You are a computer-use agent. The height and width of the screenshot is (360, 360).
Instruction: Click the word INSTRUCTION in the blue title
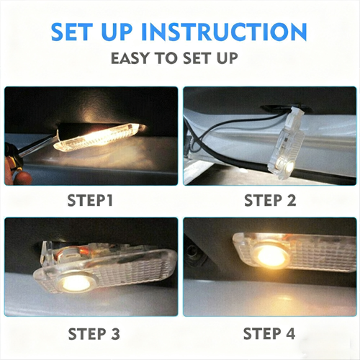click(224, 32)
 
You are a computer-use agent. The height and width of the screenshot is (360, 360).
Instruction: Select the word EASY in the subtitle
click(130, 58)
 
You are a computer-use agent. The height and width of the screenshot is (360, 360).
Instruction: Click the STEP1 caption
click(90, 200)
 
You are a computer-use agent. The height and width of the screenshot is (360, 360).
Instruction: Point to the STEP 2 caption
click(270, 200)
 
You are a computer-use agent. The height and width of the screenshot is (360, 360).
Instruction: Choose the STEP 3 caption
click(94, 333)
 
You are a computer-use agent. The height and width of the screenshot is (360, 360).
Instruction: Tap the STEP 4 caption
click(269, 333)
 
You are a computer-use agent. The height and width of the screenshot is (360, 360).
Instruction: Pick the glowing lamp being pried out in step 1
click(99, 138)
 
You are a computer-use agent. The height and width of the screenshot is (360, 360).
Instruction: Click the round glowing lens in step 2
click(291, 166)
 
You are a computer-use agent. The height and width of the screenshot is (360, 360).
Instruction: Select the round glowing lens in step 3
click(77, 283)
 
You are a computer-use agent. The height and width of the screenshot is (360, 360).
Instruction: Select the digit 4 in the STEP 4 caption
click(289, 333)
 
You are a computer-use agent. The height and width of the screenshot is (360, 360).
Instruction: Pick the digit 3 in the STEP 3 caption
click(115, 333)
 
